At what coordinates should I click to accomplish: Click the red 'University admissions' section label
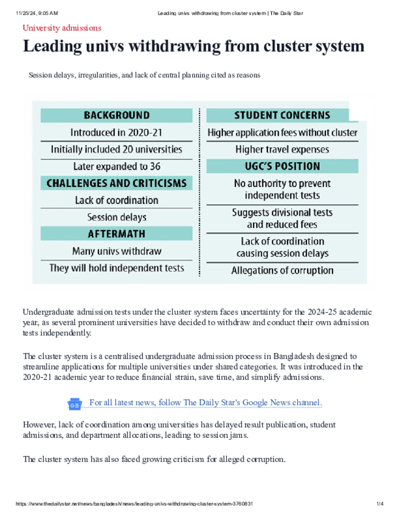click(x=62, y=28)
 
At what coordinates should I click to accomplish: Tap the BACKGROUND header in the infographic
click(x=117, y=115)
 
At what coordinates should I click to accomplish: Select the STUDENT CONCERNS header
click(x=282, y=115)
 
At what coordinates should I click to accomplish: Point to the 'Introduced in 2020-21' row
click(x=117, y=133)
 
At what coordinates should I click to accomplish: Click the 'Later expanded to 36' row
click(x=117, y=166)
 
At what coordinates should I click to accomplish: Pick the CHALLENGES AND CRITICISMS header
click(x=117, y=183)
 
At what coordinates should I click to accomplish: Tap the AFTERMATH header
click(x=117, y=234)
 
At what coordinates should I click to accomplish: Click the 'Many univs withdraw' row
click(x=117, y=251)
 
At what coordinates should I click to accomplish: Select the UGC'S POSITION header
click(x=282, y=166)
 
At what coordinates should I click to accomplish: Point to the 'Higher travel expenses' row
click(x=282, y=150)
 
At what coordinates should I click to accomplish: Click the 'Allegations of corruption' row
click(x=282, y=271)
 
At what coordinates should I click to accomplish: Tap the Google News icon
click(x=75, y=404)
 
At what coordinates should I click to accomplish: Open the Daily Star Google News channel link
click(x=205, y=403)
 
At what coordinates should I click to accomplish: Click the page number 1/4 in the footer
click(x=380, y=504)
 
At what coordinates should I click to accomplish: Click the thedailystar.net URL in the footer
click(x=134, y=504)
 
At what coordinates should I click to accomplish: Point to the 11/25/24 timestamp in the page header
click(x=37, y=13)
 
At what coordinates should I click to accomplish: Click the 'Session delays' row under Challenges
click(x=117, y=217)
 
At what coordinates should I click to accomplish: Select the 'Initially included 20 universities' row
click(x=117, y=150)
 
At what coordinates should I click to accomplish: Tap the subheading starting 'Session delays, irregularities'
click(x=144, y=76)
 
